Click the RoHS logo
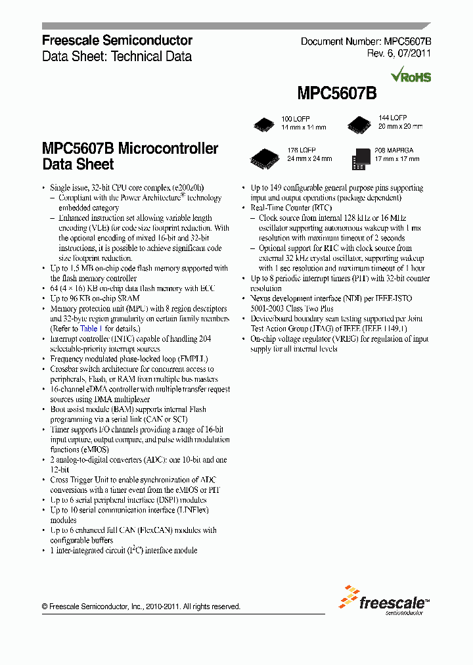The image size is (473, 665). tap(411, 76)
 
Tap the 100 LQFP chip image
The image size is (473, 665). tap(264, 123)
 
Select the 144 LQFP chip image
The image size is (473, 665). tap(359, 122)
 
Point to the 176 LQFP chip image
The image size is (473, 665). tap(264, 157)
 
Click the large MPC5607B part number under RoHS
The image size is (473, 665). tap(336, 93)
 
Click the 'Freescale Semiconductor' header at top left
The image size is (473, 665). tap(117, 41)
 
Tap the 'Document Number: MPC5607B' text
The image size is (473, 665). tap(365, 41)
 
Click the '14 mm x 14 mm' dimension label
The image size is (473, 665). tap(304, 126)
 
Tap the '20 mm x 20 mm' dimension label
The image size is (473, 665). tap(400, 126)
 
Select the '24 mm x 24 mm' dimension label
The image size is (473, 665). tap(309, 159)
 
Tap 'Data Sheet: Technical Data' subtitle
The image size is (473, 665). tap(117, 57)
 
